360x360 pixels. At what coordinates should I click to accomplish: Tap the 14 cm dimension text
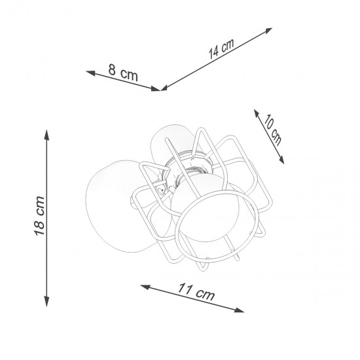(x=221, y=50)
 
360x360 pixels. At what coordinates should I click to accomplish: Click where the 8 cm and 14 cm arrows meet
(x=160, y=89)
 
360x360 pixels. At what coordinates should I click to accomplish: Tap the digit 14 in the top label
(x=212, y=54)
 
